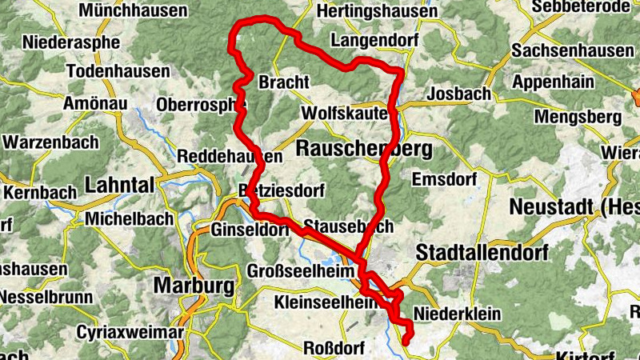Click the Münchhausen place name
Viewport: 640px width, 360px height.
[x=133, y=11]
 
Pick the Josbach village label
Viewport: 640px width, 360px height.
[x=459, y=94]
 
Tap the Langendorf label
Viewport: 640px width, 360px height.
[x=370, y=39]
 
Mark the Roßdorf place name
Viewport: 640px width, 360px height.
[x=334, y=348]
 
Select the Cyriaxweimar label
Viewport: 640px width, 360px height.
[x=130, y=331]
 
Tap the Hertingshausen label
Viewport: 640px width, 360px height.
[x=366, y=11]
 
